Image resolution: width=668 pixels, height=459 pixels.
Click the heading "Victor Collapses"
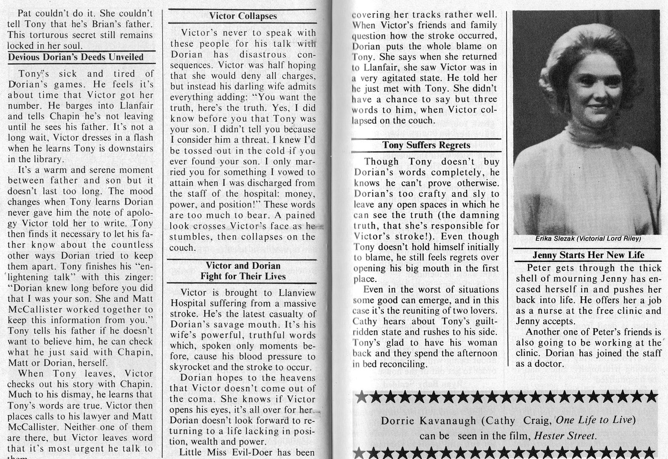[242, 16]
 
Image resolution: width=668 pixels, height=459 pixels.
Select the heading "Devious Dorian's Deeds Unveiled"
[76, 57]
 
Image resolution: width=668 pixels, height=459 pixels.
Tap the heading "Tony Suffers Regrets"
[426, 145]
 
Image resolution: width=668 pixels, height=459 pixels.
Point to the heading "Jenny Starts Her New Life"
[588, 255]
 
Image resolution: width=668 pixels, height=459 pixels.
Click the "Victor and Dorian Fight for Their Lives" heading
[243, 271]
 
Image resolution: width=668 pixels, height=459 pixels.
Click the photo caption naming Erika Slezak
[588, 239]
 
